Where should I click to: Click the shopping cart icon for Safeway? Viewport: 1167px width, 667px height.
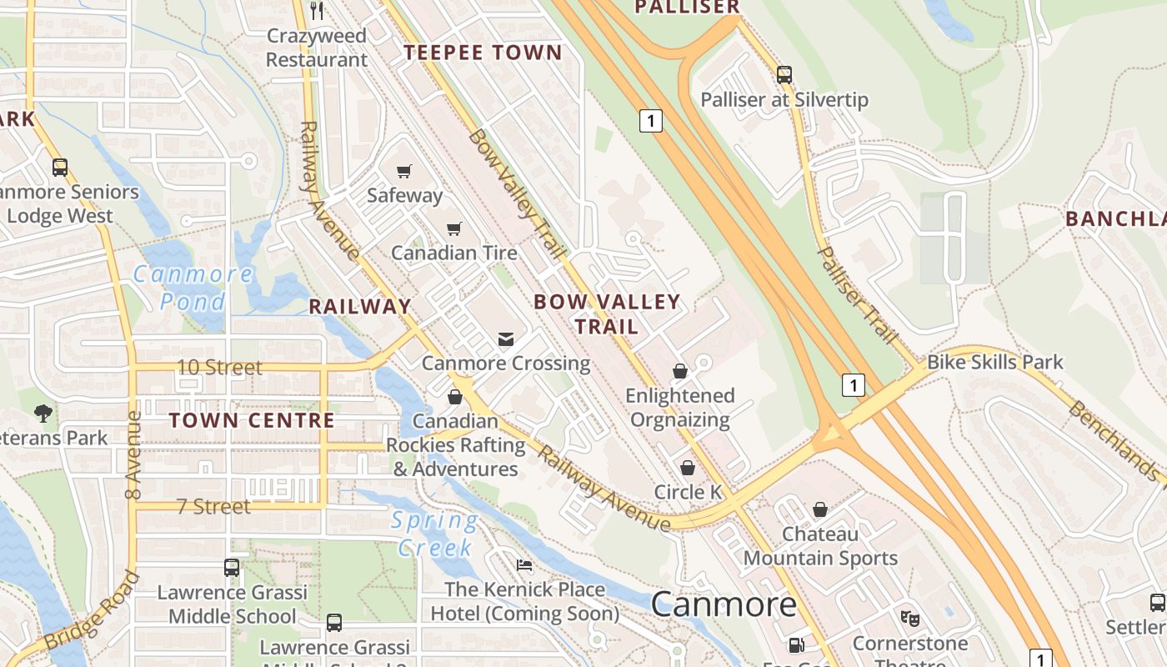click(404, 171)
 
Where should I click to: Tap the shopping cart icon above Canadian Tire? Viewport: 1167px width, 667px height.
click(454, 228)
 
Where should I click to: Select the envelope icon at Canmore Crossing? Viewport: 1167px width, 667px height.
click(506, 339)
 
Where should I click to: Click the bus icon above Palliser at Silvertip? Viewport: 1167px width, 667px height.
click(784, 75)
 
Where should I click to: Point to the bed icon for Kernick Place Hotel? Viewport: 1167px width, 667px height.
click(524, 565)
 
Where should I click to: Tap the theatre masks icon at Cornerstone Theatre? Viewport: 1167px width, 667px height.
click(909, 619)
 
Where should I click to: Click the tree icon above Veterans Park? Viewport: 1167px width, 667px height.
click(43, 413)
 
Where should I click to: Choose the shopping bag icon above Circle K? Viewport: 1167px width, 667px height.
click(688, 468)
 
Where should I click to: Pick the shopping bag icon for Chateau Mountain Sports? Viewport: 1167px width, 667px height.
click(820, 509)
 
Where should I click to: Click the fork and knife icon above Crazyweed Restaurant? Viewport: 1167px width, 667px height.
click(317, 11)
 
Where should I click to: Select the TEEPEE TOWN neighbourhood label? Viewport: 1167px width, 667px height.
click(483, 53)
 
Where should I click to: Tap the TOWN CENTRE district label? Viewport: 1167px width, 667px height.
click(252, 420)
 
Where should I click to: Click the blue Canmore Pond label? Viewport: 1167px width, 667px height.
click(193, 287)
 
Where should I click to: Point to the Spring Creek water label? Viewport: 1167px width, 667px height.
click(436, 534)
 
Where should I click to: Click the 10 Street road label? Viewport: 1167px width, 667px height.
click(219, 367)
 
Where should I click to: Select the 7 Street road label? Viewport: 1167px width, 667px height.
click(213, 506)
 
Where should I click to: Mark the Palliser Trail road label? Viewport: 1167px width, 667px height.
click(857, 295)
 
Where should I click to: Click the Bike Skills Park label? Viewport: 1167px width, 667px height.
click(995, 362)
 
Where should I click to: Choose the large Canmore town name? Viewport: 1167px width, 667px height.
click(724, 604)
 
